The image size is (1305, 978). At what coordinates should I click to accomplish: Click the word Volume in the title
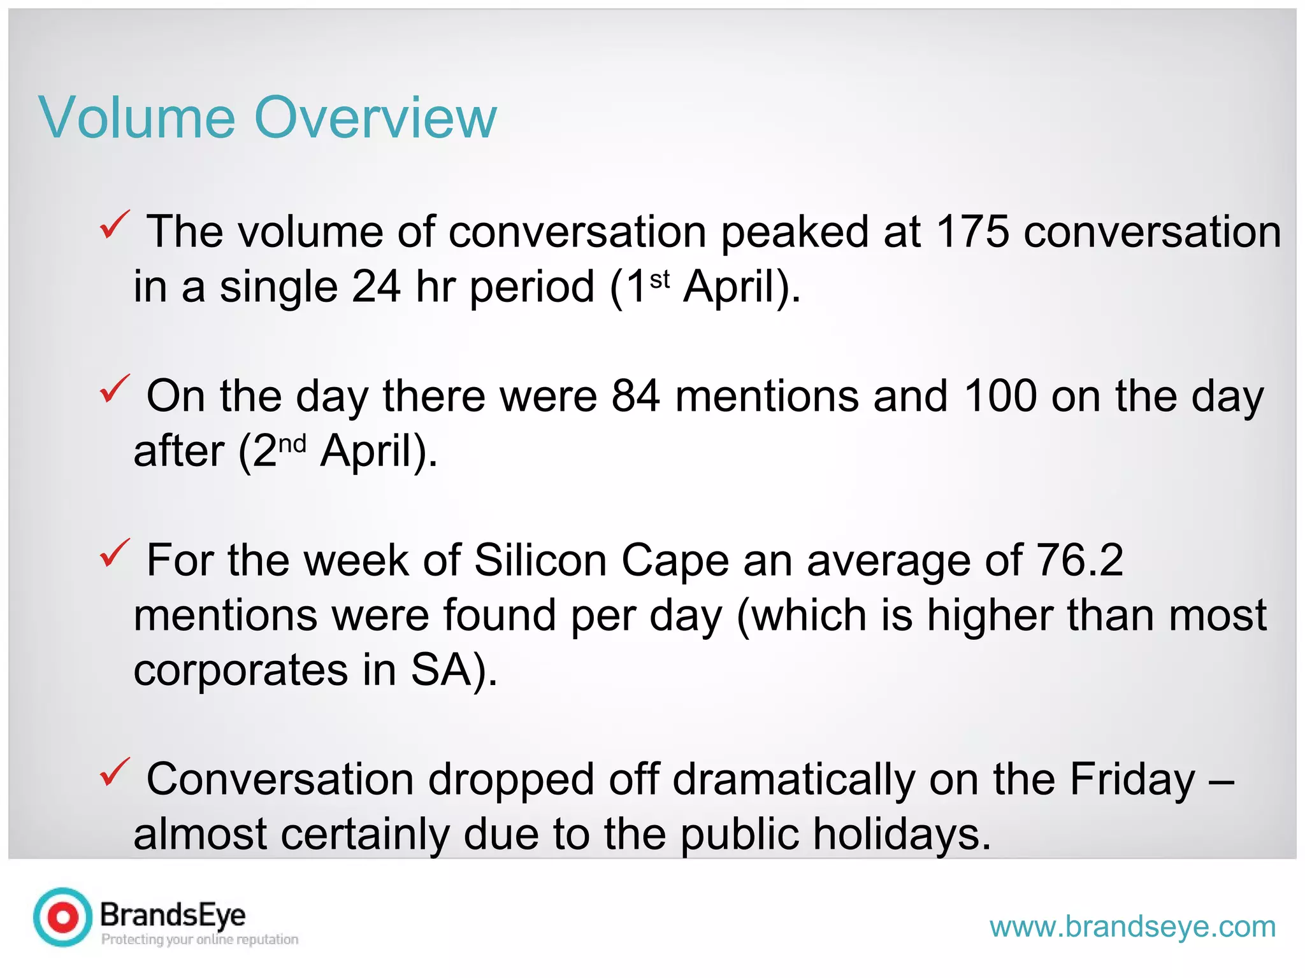click(137, 117)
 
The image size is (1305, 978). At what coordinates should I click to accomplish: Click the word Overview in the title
click(375, 117)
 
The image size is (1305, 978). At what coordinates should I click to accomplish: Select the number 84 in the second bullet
click(635, 396)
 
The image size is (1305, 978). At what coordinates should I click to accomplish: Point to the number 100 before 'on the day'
click(1000, 396)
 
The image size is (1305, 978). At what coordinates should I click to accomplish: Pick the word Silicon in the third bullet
click(540, 560)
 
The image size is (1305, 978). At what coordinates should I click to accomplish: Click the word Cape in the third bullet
click(675, 560)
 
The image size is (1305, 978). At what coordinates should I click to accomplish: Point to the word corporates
click(241, 670)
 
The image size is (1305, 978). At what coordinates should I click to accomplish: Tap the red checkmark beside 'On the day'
click(115, 389)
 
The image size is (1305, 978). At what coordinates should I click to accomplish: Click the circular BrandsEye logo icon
click(63, 917)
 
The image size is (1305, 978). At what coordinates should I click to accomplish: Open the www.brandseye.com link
click(1132, 926)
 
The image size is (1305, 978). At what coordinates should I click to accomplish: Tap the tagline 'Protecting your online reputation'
click(199, 939)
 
